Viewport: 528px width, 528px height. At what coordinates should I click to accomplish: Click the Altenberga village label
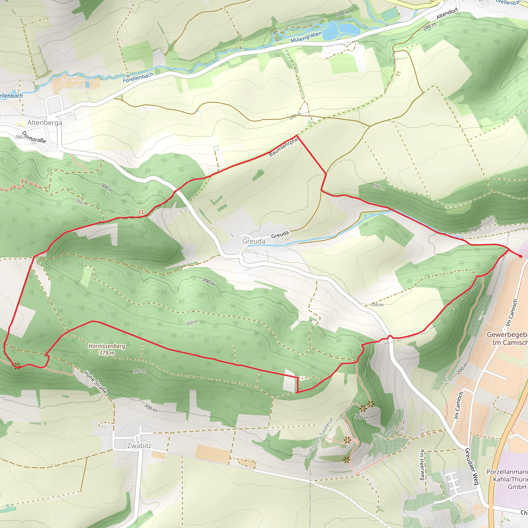tap(45, 123)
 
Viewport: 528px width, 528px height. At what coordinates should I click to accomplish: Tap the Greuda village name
tap(254, 241)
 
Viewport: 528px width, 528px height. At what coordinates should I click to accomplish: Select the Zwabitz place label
tap(139, 446)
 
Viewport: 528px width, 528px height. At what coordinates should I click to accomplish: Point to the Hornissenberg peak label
tap(107, 346)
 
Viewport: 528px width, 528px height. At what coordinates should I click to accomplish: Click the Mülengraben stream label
tap(306, 37)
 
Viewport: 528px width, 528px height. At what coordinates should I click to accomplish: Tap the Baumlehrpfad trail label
tap(284, 147)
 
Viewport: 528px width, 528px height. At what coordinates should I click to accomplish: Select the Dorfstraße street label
tap(34, 137)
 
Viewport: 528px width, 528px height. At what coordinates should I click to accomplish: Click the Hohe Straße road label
tap(95, 382)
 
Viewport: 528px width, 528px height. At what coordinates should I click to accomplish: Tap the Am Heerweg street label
tap(422, 465)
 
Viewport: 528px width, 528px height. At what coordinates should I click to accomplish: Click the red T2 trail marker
tap(141, 212)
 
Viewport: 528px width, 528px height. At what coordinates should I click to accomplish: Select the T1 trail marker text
tap(399, 74)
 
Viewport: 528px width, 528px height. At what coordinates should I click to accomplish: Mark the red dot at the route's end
tap(520, 256)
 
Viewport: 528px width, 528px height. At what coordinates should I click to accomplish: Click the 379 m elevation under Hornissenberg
tap(107, 353)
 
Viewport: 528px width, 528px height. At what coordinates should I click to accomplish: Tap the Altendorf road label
tap(447, 14)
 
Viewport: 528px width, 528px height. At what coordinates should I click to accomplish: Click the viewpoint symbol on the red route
tap(17, 366)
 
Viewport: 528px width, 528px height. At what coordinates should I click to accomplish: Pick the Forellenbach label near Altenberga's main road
tap(138, 77)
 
